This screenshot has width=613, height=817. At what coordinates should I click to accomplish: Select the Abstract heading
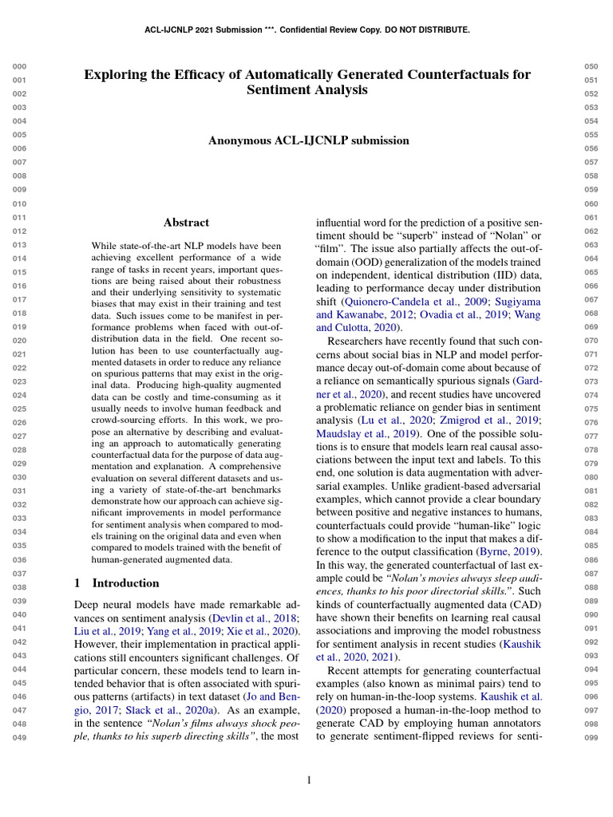tap(186, 223)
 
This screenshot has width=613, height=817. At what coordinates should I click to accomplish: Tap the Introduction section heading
tap(125, 583)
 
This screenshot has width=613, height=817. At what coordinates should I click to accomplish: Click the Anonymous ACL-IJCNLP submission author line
tap(308, 140)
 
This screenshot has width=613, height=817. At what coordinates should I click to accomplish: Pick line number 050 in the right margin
tap(591, 67)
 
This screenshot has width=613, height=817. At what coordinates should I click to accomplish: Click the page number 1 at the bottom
tap(308, 780)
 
